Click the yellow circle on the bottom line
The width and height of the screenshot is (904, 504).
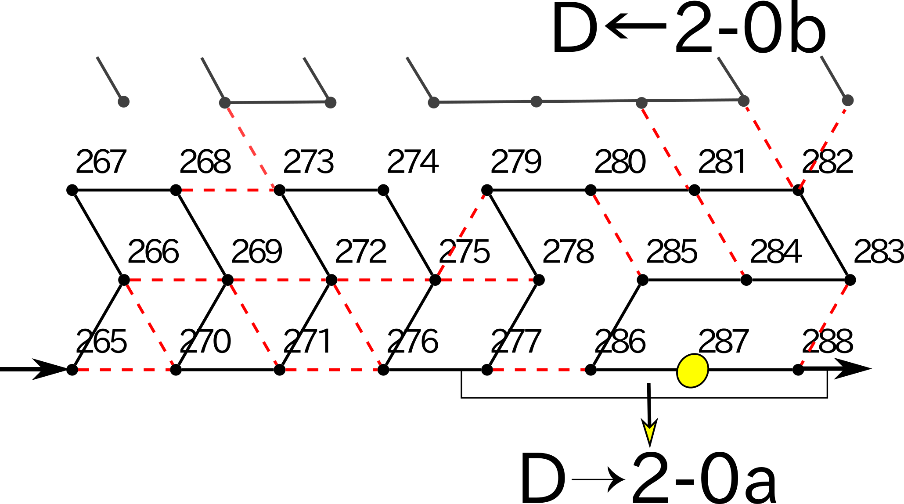click(692, 371)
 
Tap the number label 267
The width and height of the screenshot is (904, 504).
click(101, 162)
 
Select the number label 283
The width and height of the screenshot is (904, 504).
click(879, 252)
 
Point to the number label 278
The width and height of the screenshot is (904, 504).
click(568, 252)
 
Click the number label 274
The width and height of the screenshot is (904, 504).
click(413, 162)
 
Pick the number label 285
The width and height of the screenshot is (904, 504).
click(672, 252)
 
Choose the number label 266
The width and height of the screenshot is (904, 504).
click(153, 252)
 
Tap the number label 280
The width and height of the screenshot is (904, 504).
click(620, 162)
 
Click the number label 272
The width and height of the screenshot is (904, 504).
click(361, 252)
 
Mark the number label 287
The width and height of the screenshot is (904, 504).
click(723, 341)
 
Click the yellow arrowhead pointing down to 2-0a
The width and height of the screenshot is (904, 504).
click(649, 432)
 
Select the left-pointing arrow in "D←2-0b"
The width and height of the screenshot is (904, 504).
click(636, 26)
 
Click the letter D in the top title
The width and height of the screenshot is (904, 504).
click(575, 29)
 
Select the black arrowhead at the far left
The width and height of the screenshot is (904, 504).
click(48, 369)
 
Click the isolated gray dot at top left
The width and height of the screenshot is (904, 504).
click(124, 101)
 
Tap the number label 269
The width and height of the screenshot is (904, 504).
click(257, 252)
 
